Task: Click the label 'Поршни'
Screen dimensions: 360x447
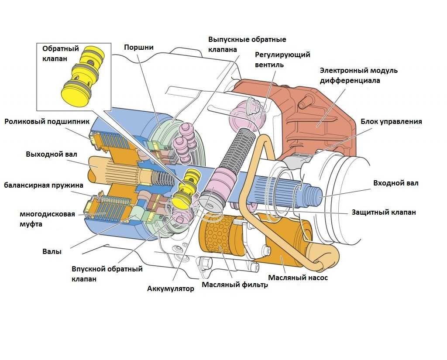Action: pyautogui.click(x=138, y=47)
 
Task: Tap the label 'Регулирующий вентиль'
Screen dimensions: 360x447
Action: pyautogui.click(x=282, y=60)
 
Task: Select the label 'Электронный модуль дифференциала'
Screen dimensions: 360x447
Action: pyautogui.click(x=358, y=75)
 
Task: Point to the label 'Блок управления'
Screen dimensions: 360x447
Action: pyautogui.click(x=391, y=121)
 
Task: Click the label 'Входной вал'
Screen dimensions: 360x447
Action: pyautogui.click(x=395, y=183)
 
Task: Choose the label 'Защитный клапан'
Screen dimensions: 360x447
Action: pyautogui.click(x=384, y=213)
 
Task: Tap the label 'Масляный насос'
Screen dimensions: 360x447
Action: pyautogui.click(x=298, y=278)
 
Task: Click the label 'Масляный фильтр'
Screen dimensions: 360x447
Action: pyautogui.click(x=234, y=285)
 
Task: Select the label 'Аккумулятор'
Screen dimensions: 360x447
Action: pyautogui.click(x=170, y=288)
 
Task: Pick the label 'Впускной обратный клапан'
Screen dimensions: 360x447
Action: pyautogui.click(x=107, y=274)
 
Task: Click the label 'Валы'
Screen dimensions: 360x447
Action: pyautogui.click(x=52, y=251)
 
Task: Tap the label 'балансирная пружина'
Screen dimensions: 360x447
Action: pyautogui.click(x=44, y=185)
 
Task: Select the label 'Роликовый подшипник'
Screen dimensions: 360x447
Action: pyautogui.click(x=47, y=122)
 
